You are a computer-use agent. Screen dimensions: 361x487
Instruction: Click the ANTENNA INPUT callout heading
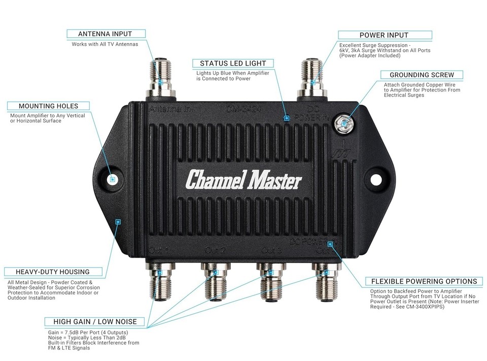coord(106,34)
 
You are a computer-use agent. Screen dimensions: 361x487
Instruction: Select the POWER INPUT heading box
coord(384,35)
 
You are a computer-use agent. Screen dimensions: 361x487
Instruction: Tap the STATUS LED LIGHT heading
coord(233,63)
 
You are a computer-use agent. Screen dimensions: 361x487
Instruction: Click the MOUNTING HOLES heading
coord(48,106)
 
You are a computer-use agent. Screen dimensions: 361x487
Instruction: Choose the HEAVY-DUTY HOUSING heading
coord(52,272)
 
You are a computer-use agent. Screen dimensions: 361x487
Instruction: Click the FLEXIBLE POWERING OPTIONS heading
coord(424,281)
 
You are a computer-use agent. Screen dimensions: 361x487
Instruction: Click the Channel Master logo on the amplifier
coord(243,180)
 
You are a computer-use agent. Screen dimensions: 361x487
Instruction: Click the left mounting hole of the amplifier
coord(113,179)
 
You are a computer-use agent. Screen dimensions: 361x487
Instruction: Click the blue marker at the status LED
coord(287,118)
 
